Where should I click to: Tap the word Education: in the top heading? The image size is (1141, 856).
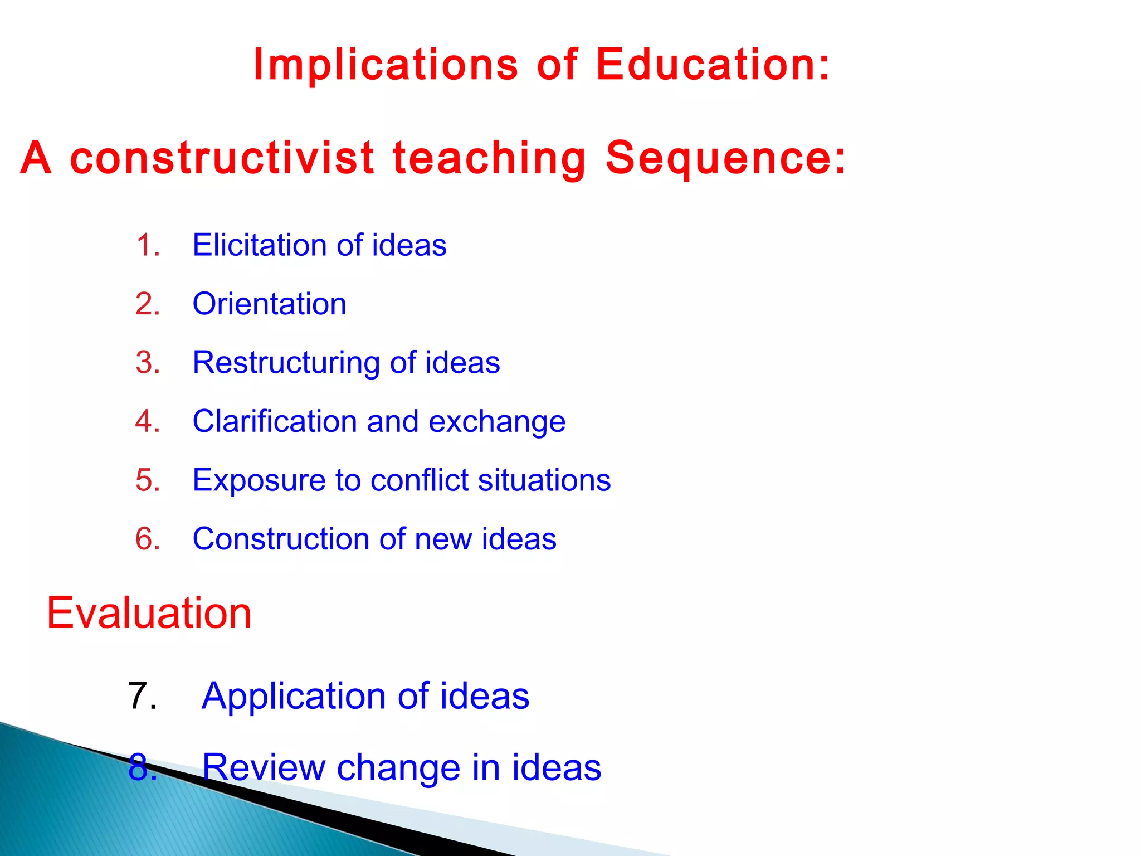pyautogui.click(x=713, y=65)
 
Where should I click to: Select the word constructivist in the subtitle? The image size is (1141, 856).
pyautogui.click(x=222, y=158)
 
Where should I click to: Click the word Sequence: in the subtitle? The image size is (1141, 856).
pyautogui.click(x=726, y=158)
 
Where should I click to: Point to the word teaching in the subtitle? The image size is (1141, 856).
pyautogui.click(x=489, y=158)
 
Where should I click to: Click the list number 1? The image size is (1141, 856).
pyautogui.click(x=148, y=245)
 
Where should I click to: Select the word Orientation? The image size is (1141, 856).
pyautogui.click(x=269, y=304)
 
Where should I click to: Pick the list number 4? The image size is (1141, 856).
pyautogui.click(x=148, y=421)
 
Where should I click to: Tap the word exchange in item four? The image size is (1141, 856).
pyautogui.click(x=497, y=422)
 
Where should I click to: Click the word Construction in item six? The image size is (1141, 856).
pyautogui.click(x=281, y=539)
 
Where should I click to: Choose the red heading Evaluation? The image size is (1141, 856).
pyautogui.click(x=149, y=613)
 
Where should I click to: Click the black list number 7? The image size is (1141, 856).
pyautogui.click(x=142, y=696)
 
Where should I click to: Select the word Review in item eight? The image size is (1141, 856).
pyautogui.click(x=263, y=767)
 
